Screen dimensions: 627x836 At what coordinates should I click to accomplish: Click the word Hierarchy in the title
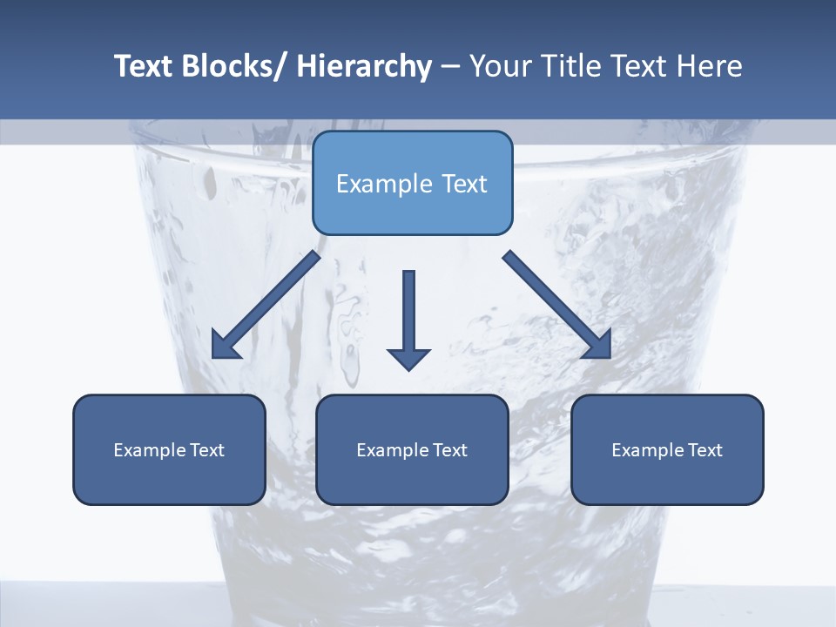pyautogui.click(x=364, y=66)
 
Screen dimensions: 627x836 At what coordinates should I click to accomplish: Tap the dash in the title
pyautogui.click(x=449, y=68)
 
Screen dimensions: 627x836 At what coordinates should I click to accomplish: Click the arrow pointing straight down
pyautogui.click(x=408, y=318)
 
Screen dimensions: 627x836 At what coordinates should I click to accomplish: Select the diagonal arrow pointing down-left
pyautogui.click(x=266, y=305)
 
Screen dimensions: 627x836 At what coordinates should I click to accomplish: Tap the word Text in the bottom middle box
pyautogui.click(x=450, y=450)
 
